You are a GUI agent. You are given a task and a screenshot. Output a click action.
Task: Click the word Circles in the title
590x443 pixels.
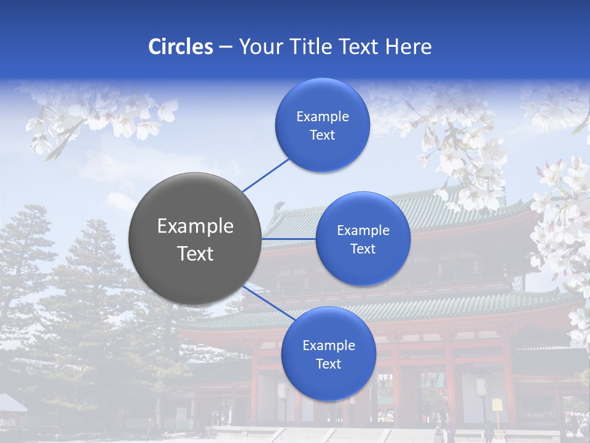[181, 47]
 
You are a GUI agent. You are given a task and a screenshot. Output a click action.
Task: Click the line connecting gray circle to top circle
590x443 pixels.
[265, 174]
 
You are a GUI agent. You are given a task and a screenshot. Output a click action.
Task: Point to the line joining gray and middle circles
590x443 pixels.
[288, 239]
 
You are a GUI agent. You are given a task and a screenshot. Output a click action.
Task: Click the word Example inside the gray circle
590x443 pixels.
[195, 226]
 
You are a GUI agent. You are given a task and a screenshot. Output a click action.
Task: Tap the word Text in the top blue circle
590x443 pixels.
[322, 135]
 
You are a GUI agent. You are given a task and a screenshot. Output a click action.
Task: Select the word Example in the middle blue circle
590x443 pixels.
[363, 231]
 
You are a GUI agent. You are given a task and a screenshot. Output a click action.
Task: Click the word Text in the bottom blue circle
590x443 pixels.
[328, 364]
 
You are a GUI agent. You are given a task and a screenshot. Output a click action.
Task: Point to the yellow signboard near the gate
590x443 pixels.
[497, 405]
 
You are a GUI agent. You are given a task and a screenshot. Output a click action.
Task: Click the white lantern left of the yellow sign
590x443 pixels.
[481, 386]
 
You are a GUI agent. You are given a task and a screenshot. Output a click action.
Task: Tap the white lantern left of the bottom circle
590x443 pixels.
[283, 390]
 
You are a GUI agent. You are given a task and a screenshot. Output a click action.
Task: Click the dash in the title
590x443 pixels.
[226, 47]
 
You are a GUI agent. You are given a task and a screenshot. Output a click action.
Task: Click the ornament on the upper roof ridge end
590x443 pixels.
[280, 207]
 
